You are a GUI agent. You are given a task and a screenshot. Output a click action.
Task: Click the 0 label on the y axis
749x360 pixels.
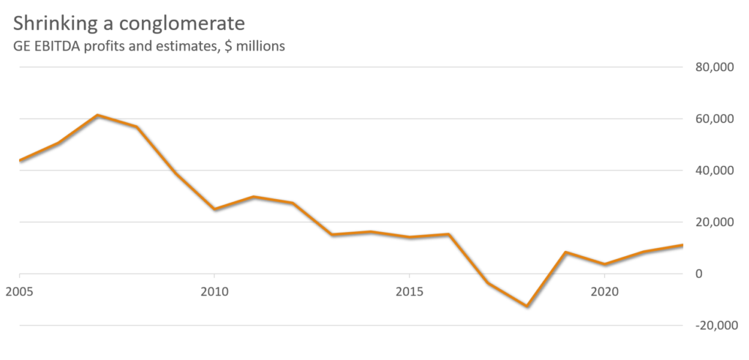[698, 274]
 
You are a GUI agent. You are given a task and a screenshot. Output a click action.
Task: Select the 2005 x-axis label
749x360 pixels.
[19, 291]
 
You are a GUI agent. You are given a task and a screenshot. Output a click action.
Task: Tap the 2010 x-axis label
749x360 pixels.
[214, 291]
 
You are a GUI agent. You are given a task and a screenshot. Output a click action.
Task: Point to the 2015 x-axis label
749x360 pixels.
[409, 291]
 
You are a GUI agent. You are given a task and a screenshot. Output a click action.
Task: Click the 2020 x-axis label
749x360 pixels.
[604, 291]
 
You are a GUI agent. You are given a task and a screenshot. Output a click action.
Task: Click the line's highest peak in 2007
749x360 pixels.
[97, 115]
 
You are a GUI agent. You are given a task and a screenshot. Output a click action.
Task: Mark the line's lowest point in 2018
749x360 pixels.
[526, 306]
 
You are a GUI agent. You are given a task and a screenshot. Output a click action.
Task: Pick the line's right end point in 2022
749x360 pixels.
[682, 244]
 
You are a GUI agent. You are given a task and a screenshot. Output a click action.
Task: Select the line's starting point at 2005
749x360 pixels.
[19, 160]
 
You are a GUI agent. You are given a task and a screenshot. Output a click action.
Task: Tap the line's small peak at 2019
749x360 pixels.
[565, 252]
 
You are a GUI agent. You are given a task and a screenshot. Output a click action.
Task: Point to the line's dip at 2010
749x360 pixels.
[214, 209]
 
